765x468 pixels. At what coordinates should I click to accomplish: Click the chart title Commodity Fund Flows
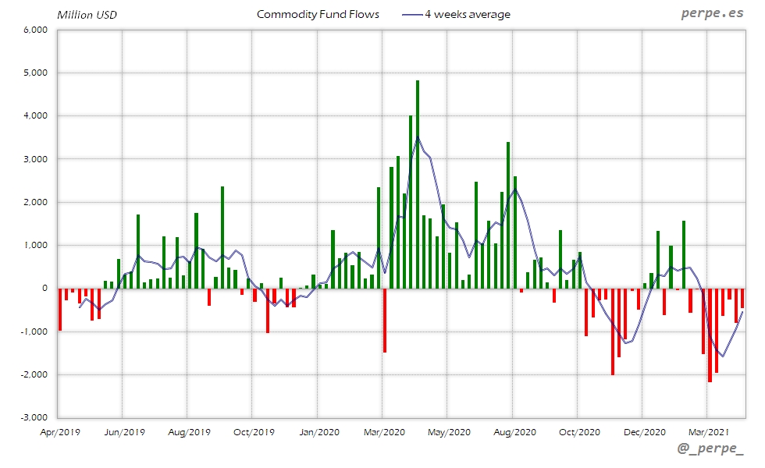tap(318, 14)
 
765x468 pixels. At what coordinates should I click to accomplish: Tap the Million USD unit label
tap(87, 14)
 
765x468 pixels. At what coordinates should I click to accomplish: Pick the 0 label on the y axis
tap(44, 289)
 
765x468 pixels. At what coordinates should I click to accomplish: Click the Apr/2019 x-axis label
tap(59, 431)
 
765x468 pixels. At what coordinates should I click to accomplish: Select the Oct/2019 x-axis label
tap(253, 431)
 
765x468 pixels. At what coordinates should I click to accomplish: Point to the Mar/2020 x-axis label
tap(383, 431)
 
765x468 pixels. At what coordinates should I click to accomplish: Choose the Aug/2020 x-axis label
tap(513, 431)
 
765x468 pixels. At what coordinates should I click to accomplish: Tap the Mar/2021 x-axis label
tap(708, 431)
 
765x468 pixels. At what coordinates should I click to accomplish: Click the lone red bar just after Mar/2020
tap(385, 320)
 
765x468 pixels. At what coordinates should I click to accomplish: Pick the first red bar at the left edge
tap(60, 310)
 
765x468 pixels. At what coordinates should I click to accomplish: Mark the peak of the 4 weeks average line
tap(418, 137)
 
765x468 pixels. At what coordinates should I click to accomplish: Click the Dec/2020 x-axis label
tap(643, 431)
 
